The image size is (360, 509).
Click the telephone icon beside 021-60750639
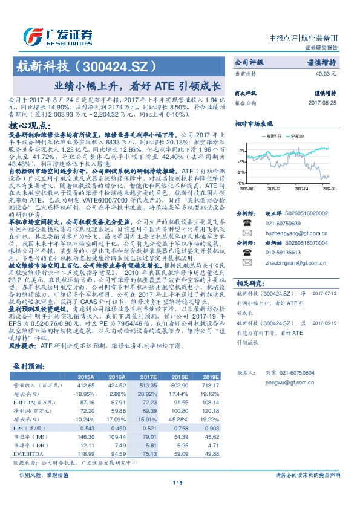(246, 222)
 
